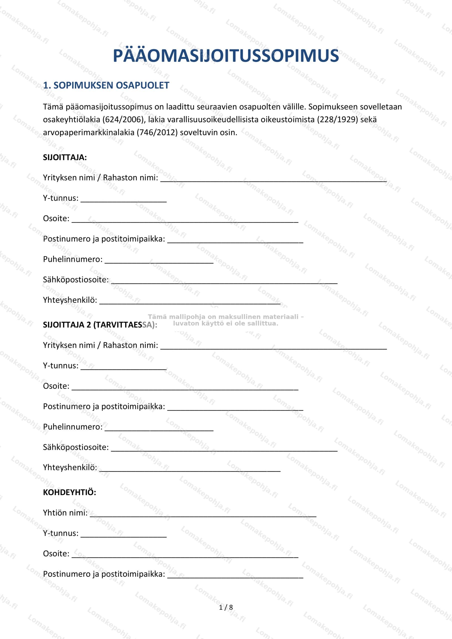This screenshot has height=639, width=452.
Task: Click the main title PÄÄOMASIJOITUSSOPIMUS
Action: (x=226, y=56)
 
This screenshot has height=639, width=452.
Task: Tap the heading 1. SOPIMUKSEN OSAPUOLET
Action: (x=106, y=85)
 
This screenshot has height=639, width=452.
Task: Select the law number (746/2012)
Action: (x=157, y=133)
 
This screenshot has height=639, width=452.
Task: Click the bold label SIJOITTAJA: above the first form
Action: (x=65, y=158)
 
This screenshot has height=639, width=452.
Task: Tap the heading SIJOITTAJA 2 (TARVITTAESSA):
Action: (x=100, y=325)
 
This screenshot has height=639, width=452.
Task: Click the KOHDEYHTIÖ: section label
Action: (x=70, y=492)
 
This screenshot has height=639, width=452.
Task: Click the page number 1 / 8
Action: (x=226, y=607)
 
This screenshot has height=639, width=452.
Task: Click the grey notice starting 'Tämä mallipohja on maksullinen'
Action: (x=225, y=320)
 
